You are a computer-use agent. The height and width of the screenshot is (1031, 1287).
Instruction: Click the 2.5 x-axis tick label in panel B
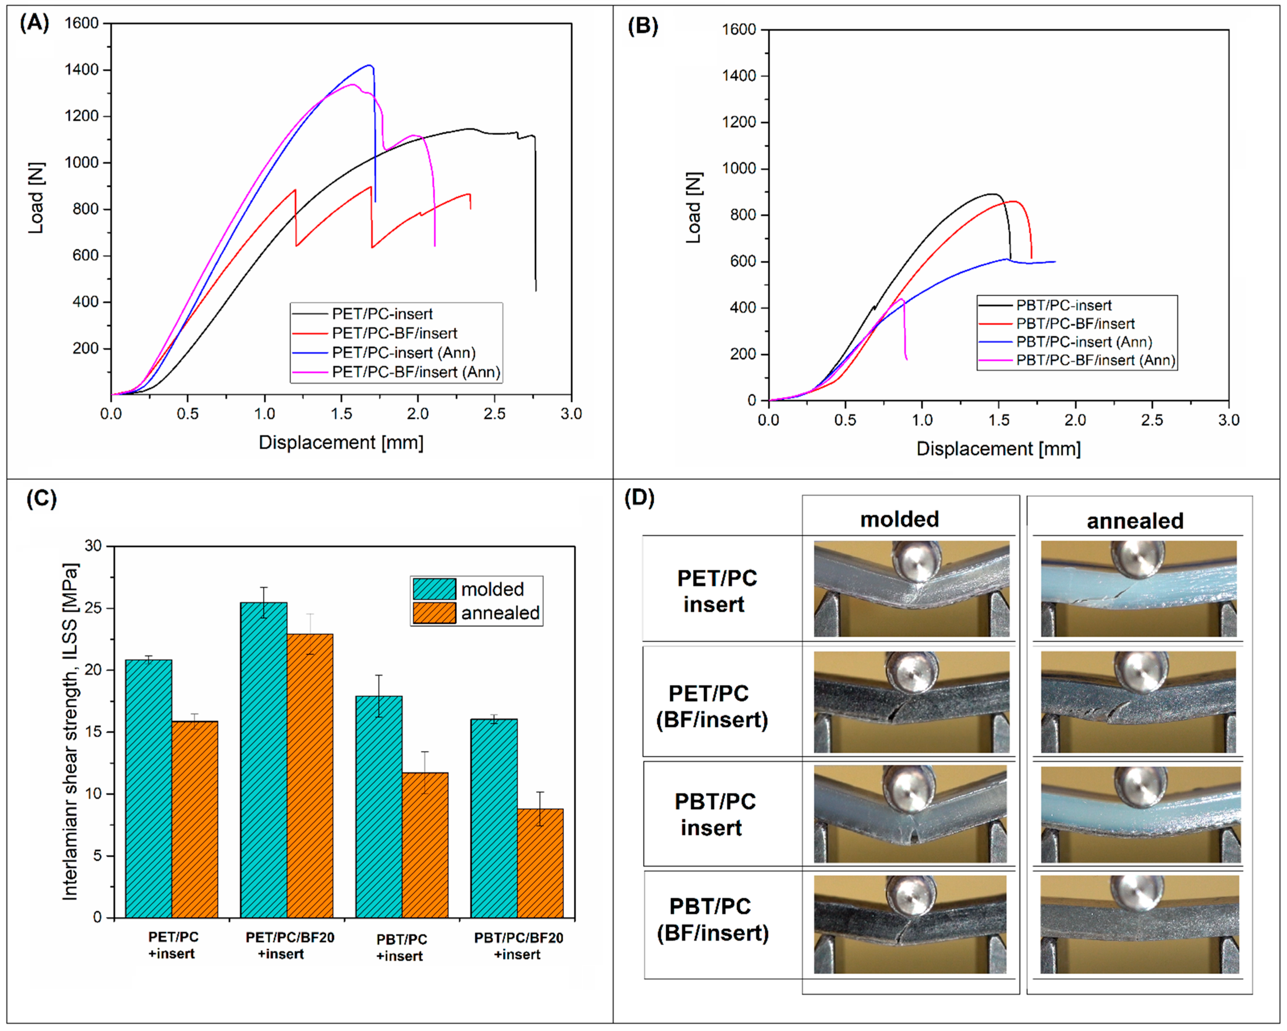[1152, 420]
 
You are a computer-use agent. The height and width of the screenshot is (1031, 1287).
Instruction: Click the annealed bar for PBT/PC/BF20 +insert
[540, 863]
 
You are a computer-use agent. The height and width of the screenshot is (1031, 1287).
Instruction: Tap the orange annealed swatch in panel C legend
[434, 613]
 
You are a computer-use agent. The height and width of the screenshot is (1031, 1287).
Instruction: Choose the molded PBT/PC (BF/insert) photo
[910, 924]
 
